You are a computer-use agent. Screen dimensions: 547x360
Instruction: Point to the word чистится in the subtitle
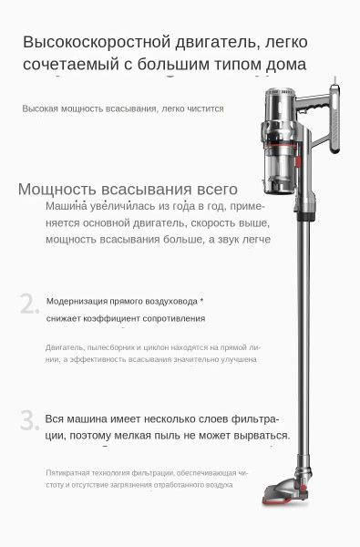(x=205, y=108)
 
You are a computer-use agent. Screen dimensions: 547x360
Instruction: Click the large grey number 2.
(x=29, y=304)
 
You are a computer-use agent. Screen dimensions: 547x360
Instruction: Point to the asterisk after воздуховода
(x=201, y=299)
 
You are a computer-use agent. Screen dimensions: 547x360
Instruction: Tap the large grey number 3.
(x=29, y=420)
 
